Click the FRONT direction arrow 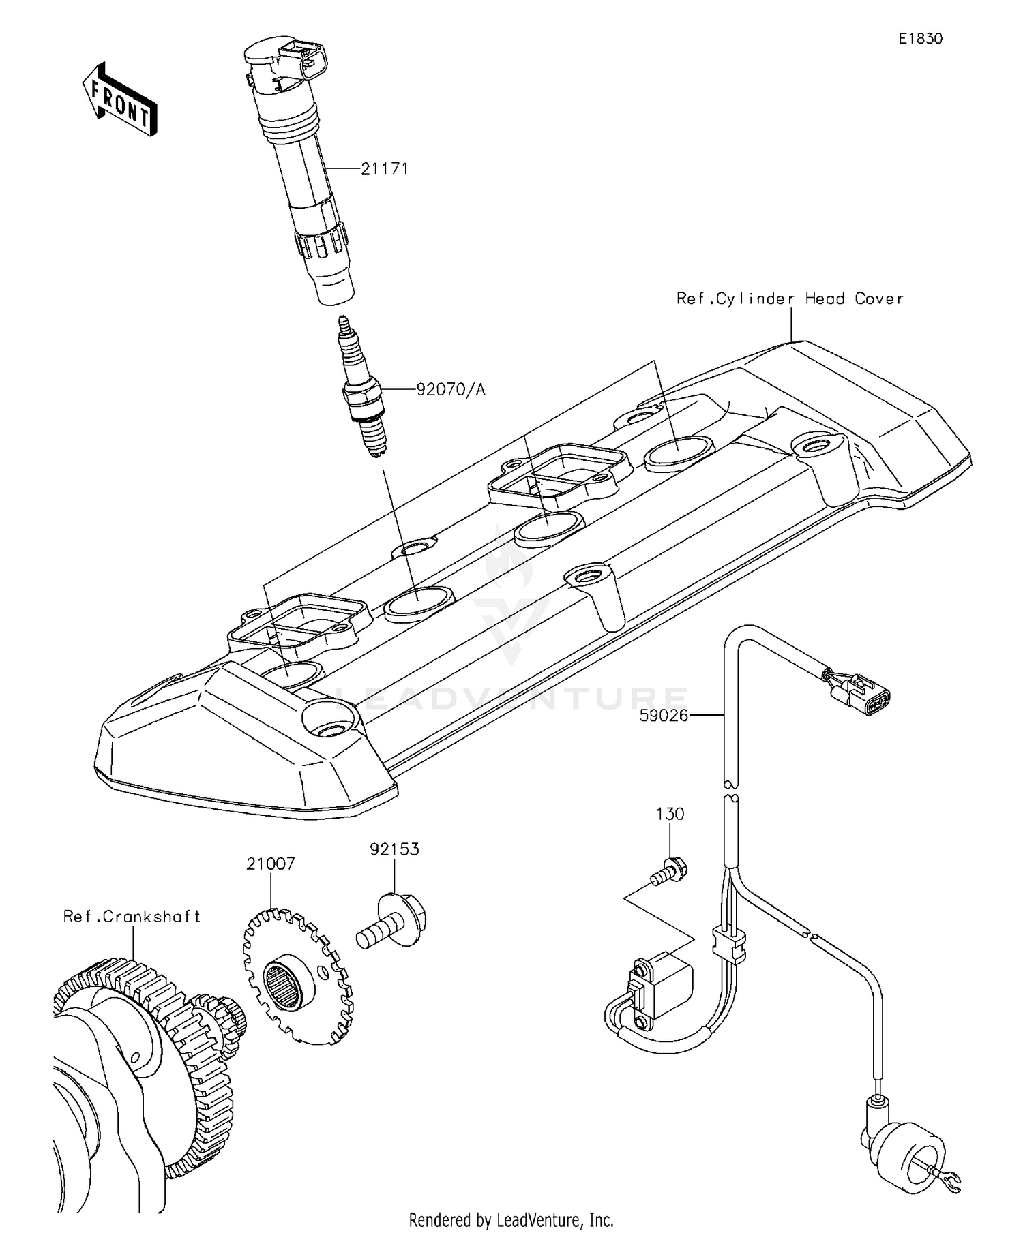coord(120,100)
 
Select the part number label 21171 coord(385,169)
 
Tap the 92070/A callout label coord(451,390)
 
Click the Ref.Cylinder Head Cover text coord(790,299)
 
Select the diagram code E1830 coord(920,39)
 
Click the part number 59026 coord(664,715)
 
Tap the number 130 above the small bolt coord(670,814)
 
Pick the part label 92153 coord(394,849)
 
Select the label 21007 coord(271,864)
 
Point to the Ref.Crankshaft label coord(132,917)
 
